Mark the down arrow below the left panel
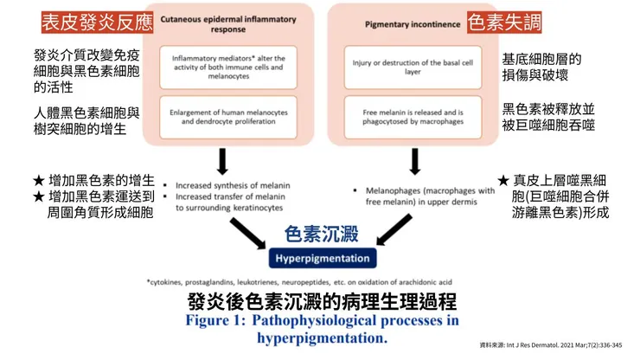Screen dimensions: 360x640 [223, 161]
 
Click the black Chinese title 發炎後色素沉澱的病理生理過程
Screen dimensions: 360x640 [322, 302]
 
